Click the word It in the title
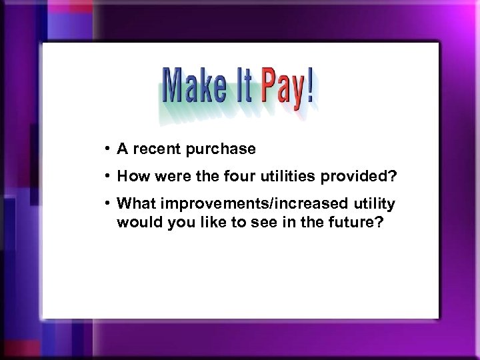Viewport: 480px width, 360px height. tap(239, 87)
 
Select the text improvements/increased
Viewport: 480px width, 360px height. tap(250, 203)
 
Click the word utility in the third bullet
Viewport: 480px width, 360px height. tap(373, 203)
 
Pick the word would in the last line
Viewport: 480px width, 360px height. tap(137, 221)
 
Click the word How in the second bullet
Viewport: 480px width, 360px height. tap(131, 177)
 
